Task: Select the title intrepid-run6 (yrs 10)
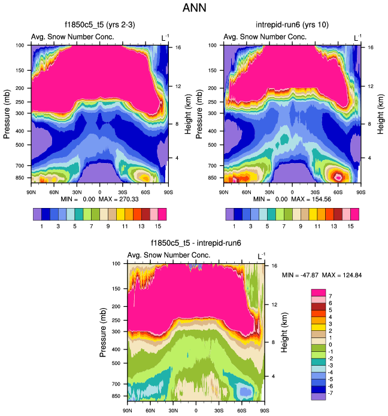pyautogui.click(x=292, y=25)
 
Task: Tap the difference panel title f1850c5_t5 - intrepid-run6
pyautogui.click(x=196, y=244)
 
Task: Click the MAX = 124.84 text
pyautogui.click(x=342, y=275)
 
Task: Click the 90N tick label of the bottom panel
pyautogui.click(x=128, y=411)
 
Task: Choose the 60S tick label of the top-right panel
pyautogui.click(x=338, y=192)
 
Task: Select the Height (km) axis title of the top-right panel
pyautogui.click(x=380, y=113)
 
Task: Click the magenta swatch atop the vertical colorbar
pyautogui.click(x=318, y=291)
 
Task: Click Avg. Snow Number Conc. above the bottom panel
pyautogui.click(x=170, y=255)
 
